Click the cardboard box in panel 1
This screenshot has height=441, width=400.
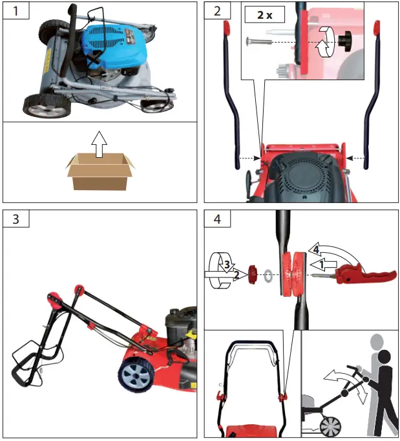[100, 172]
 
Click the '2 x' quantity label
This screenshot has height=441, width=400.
[265, 15]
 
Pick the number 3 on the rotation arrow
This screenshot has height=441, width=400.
[227, 264]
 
